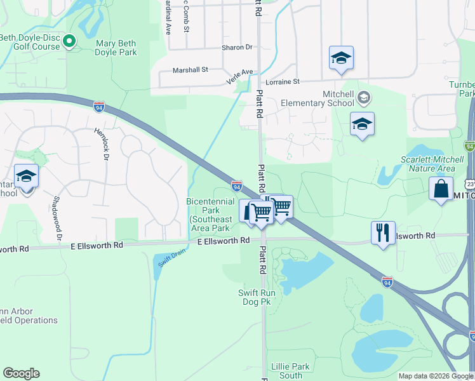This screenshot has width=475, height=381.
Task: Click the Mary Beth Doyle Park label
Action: click(x=116, y=48)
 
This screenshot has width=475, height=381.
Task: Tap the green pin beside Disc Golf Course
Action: click(x=70, y=42)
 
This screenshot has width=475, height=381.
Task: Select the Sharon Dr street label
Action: click(x=237, y=47)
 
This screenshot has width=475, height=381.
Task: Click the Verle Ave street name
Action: click(x=239, y=77)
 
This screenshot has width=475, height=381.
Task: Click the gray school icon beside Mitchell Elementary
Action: click(x=363, y=98)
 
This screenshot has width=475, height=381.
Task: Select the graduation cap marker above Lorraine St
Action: click(x=341, y=58)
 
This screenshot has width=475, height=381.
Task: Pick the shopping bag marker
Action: click(x=441, y=189)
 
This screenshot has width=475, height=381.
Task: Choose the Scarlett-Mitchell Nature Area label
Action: click(x=428, y=164)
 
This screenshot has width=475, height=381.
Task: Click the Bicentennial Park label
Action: click(x=209, y=214)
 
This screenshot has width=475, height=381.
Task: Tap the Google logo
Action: click(x=21, y=373)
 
